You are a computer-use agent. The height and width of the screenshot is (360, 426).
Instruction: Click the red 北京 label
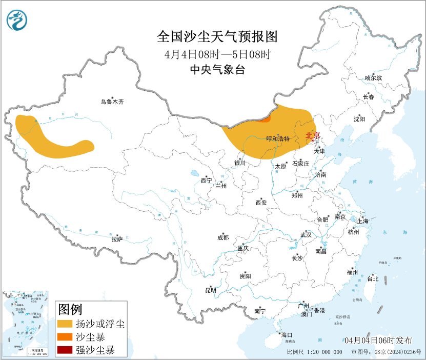(x=312, y=135)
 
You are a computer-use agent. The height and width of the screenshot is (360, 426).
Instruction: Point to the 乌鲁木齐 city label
(x=112, y=102)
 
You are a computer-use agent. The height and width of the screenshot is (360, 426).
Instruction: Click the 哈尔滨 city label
(x=373, y=78)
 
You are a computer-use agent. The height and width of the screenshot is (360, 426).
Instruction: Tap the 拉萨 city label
(x=117, y=239)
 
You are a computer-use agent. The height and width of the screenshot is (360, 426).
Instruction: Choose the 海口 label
(x=288, y=335)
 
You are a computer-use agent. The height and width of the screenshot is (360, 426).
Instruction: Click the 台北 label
(x=373, y=279)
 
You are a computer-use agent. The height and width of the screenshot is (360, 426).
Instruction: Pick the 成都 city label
(x=223, y=237)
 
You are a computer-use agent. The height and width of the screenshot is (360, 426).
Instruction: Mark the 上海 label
(x=363, y=221)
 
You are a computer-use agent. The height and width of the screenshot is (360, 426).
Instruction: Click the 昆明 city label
(x=210, y=290)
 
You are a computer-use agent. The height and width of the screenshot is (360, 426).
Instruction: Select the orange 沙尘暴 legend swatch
(x=65, y=337)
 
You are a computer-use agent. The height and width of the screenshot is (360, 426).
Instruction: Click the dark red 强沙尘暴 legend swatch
(x=65, y=350)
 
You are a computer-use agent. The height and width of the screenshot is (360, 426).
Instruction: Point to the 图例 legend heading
(x=70, y=309)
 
